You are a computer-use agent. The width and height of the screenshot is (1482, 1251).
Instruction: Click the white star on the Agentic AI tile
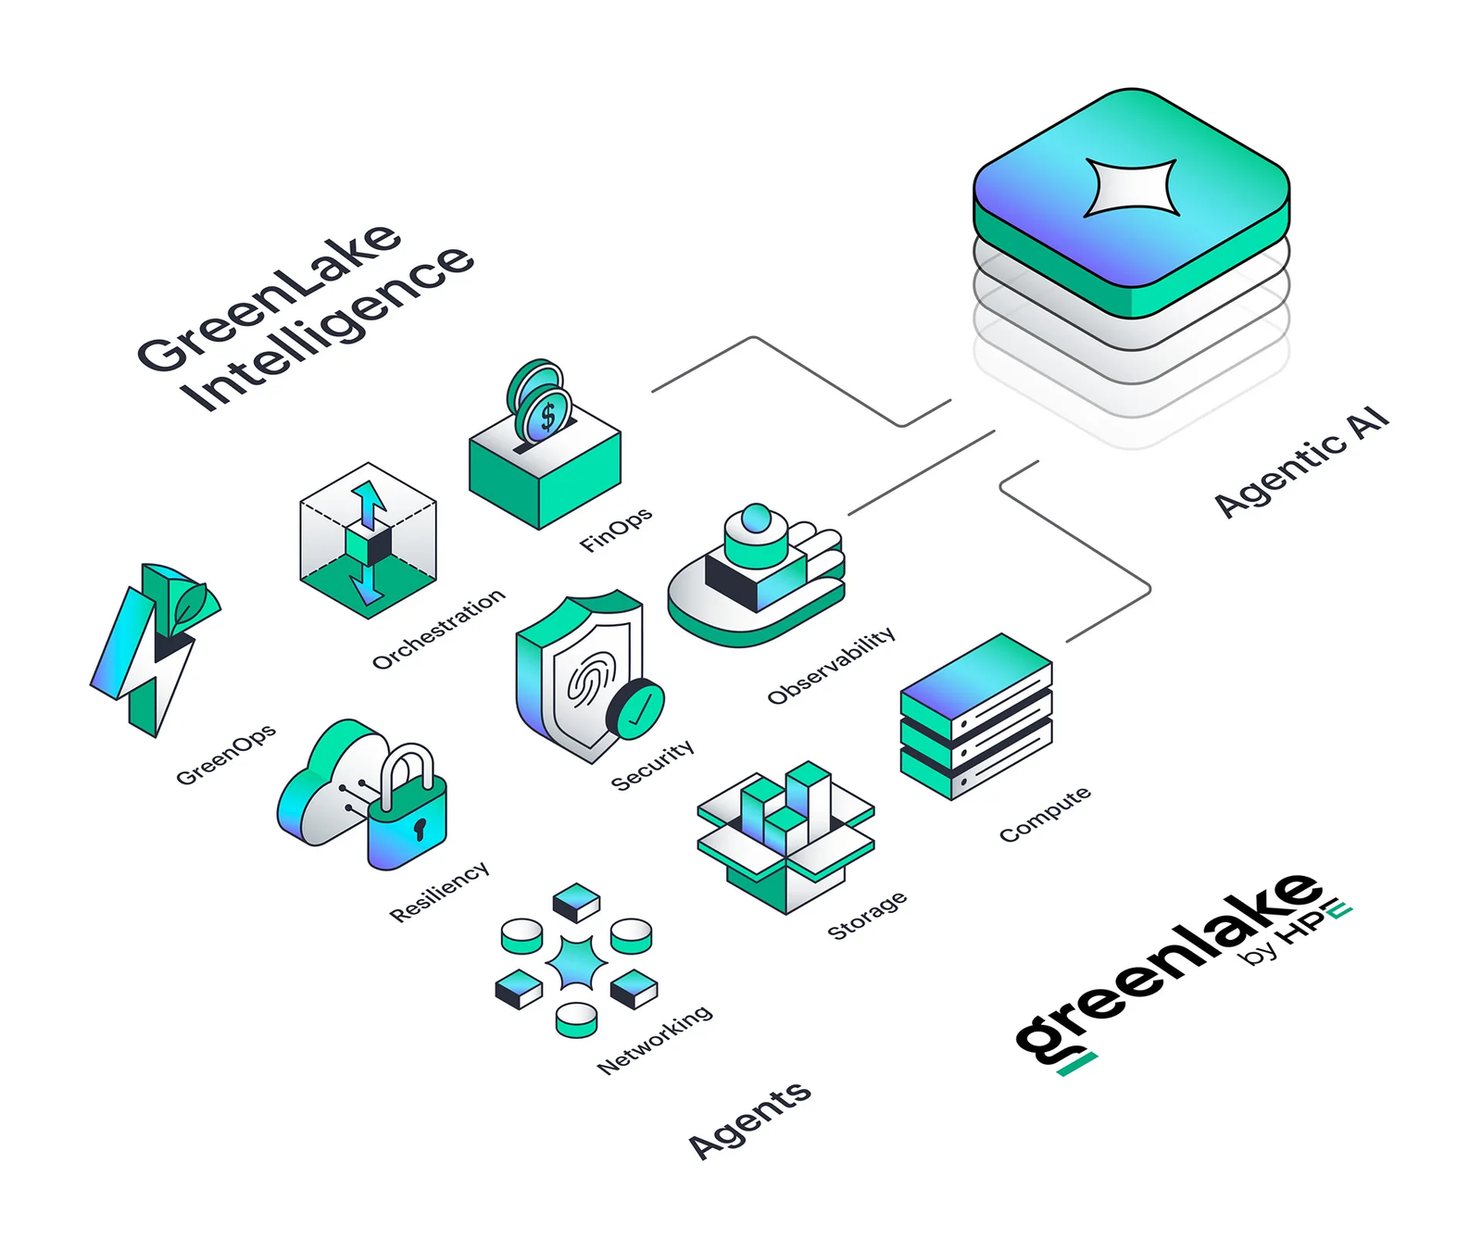click(x=1131, y=187)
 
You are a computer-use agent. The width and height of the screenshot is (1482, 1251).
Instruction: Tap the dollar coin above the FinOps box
click(x=546, y=416)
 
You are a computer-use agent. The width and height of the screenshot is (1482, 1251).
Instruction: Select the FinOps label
click(x=615, y=530)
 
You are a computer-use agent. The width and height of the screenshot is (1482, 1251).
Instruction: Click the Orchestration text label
click(x=438, y=629)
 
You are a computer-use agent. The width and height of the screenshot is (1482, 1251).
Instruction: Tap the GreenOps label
click(x=225, y=755)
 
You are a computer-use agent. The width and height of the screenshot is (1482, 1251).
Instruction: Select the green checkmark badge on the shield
click(x=636, y=709)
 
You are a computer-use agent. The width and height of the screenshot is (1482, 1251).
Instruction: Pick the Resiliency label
click(x=439, y=892)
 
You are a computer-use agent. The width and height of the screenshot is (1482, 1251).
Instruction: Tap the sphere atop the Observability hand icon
click(x=757, y=519)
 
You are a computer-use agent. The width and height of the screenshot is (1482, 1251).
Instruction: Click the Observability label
click(x=831, y=665)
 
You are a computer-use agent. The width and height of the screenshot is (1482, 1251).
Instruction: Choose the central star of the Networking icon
click(x=576, y=963)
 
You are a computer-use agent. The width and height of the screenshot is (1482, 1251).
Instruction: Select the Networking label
click(x=655, y=1039)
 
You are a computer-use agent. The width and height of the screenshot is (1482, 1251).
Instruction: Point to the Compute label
click(x=1045, y=814)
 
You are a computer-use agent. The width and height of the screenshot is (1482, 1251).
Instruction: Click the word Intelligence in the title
click(x=326, y=328)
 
